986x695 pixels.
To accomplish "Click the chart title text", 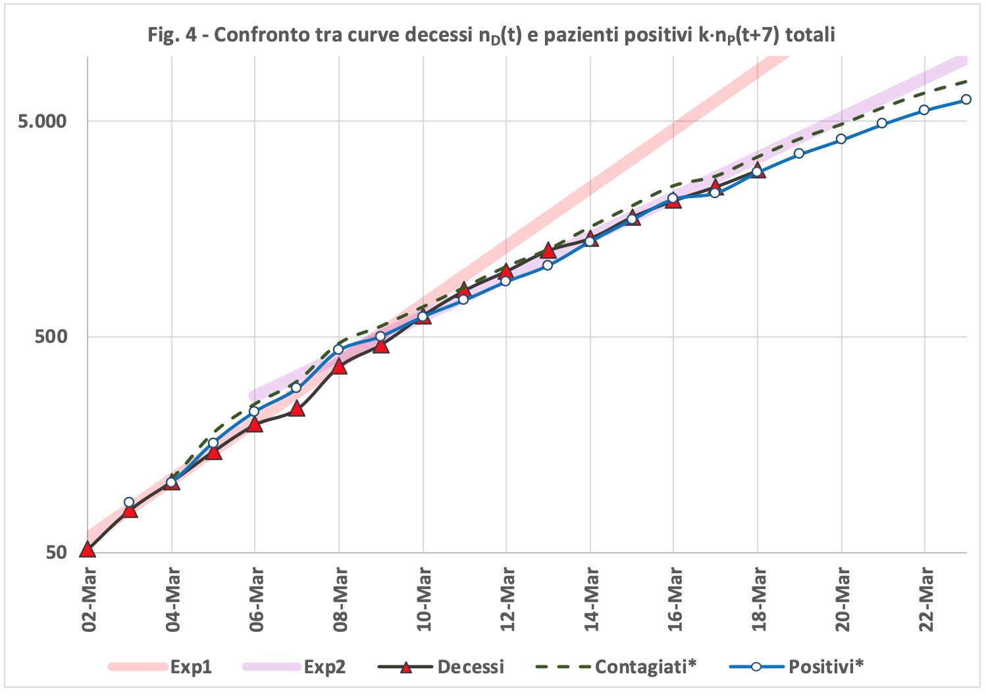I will tap(491, 34).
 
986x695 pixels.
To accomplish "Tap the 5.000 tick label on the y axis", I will tap(42, 121).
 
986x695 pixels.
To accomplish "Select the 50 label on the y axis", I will tap(57, 552).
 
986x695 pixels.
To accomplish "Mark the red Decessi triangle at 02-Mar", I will tap(88, 550).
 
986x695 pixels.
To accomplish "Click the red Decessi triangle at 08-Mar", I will tap(339, 366).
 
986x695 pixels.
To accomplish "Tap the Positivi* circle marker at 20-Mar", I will tap(841, 139).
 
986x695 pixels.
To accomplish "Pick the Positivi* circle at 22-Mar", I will tap(924, 110).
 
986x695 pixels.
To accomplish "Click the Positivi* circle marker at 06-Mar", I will tap(255, 411).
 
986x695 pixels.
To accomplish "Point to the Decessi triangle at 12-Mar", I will tap(506, 272).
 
